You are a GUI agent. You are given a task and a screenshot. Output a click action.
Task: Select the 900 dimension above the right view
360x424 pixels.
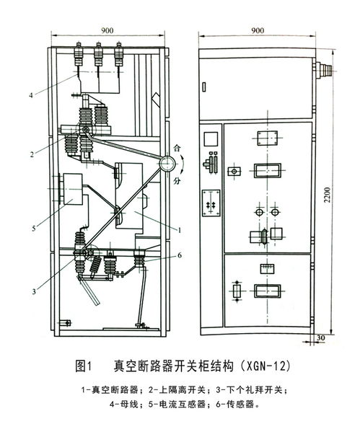click(258, 32)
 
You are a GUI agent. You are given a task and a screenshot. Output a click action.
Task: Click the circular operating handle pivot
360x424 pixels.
click(170, 164)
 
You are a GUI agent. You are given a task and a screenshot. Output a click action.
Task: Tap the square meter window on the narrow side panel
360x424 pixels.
click(211, 138)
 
